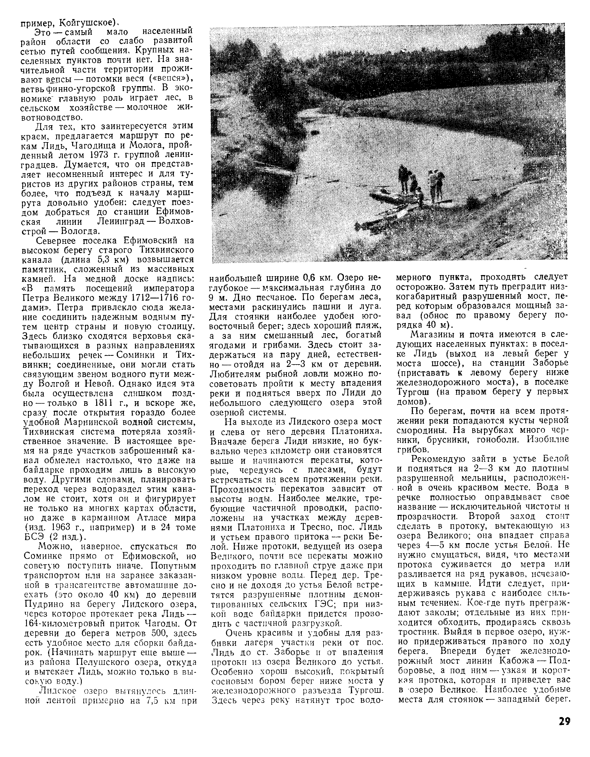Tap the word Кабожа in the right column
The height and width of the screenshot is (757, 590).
tap(517, 660)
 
